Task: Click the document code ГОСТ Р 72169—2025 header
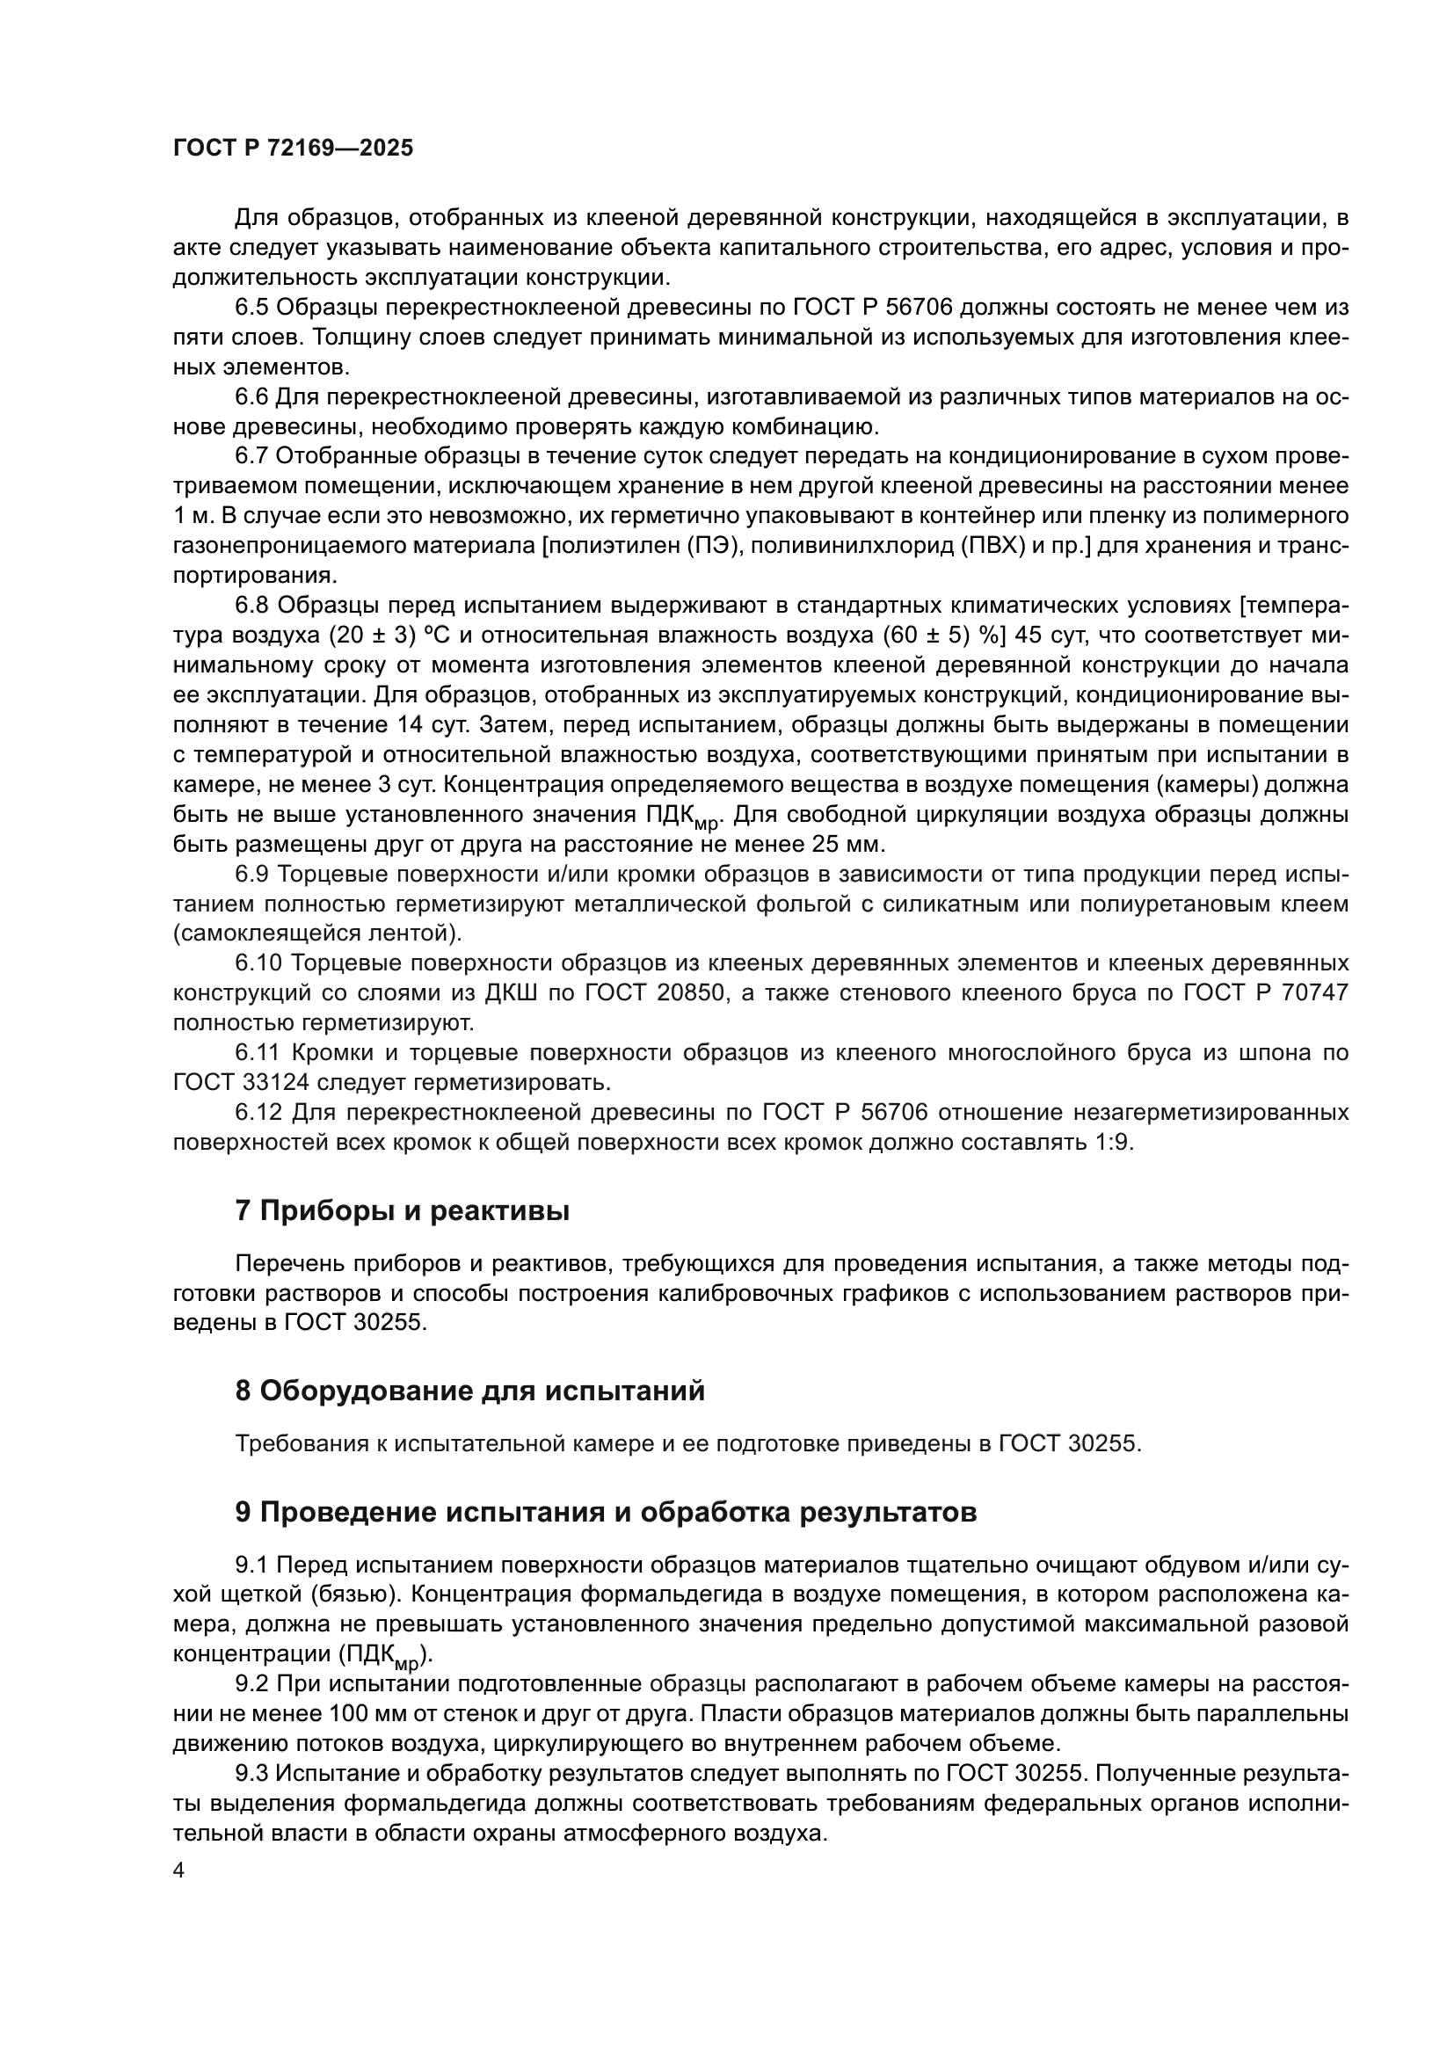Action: (293, 149)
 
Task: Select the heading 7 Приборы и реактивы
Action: (402, 1211)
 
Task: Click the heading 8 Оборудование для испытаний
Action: (470, 1391)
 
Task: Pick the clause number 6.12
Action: (258, 1112)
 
